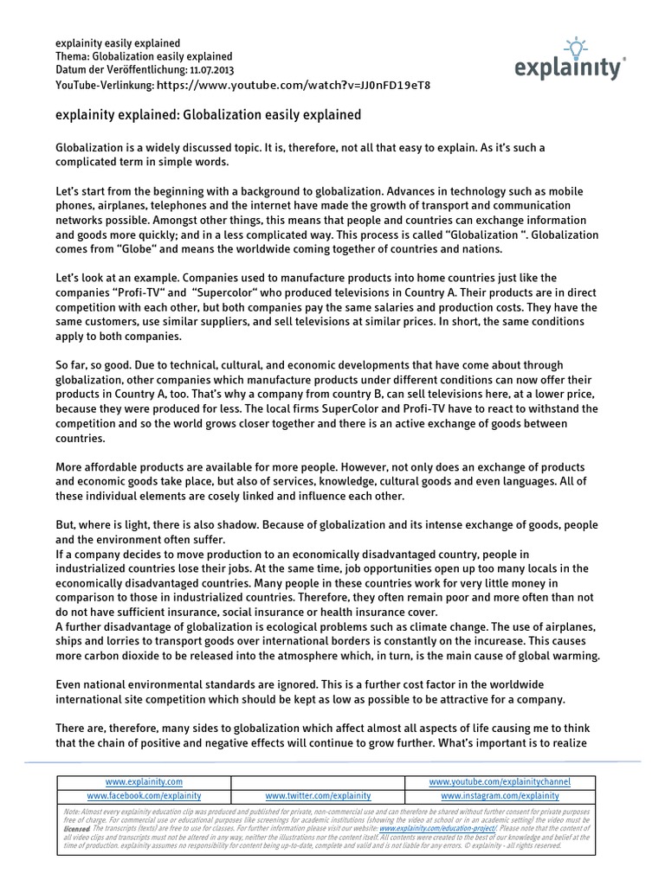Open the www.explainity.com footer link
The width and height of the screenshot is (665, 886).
144,781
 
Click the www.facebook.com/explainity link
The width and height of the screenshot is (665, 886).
144,795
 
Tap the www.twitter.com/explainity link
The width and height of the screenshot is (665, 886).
318,795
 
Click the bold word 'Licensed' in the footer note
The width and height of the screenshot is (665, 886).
78,827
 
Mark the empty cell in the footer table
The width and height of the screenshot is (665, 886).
318,781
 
